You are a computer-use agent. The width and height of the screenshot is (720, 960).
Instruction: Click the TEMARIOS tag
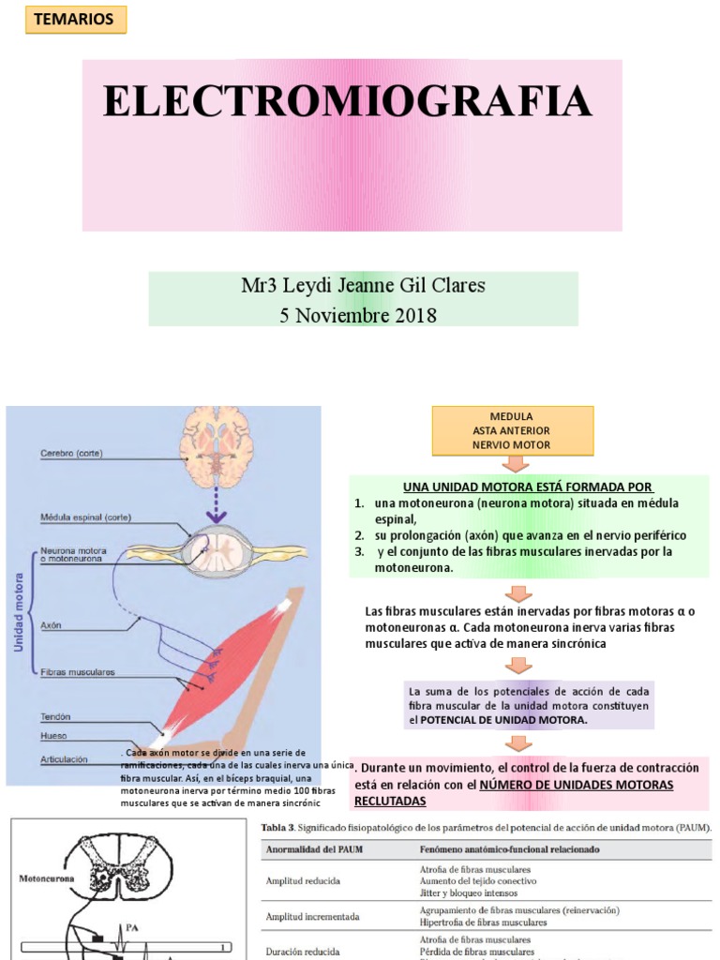65,20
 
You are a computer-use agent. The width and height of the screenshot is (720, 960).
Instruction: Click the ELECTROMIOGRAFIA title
348,101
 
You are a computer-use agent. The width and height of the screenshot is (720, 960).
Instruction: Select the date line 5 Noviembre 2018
358,315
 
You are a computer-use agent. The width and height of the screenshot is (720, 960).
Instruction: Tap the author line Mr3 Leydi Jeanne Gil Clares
363,285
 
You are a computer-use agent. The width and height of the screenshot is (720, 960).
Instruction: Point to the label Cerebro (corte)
71,454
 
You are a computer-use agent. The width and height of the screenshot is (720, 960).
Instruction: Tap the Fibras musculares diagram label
77,672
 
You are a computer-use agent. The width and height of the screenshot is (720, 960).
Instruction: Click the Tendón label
55,716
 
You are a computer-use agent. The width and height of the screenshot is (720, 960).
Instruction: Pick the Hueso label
52,736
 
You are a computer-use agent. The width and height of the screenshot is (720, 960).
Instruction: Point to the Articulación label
64,759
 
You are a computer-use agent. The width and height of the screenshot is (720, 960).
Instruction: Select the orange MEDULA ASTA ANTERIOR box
512,430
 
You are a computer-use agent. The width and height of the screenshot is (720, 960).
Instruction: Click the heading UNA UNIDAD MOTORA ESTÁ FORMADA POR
528,487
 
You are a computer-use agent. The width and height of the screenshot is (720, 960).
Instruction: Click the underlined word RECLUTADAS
389,801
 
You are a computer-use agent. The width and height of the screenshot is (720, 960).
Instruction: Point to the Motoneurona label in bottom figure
47,879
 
